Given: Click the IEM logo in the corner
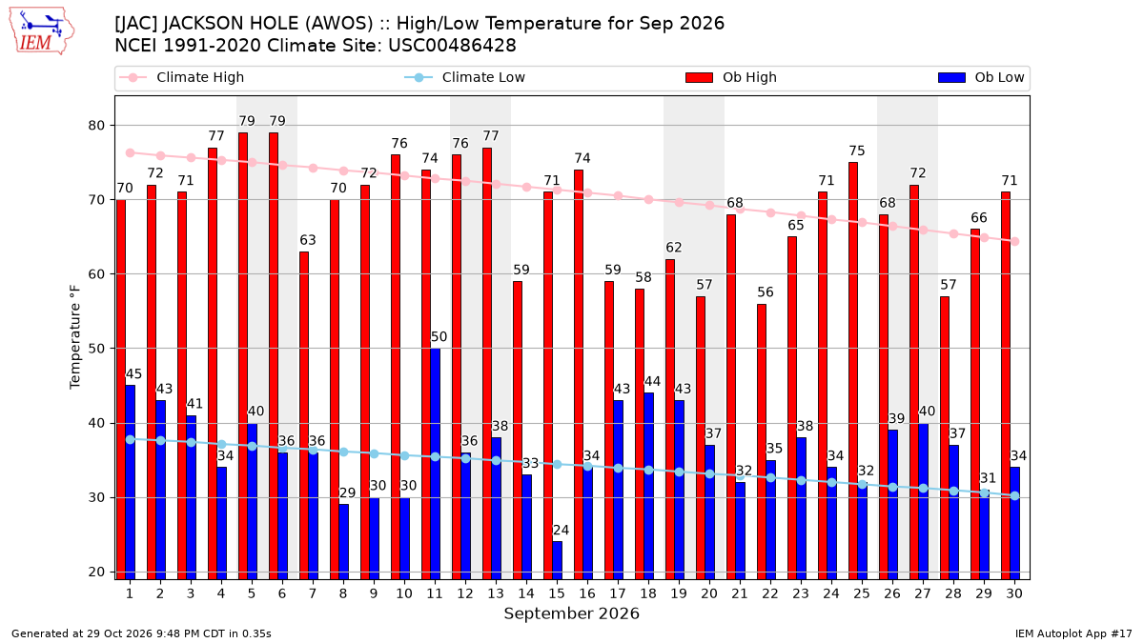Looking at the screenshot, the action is pos(42,31).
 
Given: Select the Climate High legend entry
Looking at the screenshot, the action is pos(181,77).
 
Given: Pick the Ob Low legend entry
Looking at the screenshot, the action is pos(981,77).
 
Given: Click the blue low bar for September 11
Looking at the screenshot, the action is pos(435,463).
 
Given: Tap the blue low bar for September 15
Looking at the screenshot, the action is pos(557,560).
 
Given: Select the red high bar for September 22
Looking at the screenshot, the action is pos(762,441).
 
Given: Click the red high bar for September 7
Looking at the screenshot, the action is pos(304,415).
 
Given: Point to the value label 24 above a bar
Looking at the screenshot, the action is pos(561,531).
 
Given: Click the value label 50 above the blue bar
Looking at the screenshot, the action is pos(439,337).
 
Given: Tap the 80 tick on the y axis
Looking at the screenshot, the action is pos(96,126).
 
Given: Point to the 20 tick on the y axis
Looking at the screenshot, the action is pos(96,573).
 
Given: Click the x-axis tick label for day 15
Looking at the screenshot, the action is pos(557,593).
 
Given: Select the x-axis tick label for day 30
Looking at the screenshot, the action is pos(1014,593).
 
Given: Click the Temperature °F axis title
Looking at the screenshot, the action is pos(75,337).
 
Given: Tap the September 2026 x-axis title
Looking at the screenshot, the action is pos(571,613).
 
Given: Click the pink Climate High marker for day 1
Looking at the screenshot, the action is pos(131,153).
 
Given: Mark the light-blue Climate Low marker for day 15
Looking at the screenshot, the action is pos(557,465).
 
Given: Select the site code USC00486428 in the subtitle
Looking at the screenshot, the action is pos(452,46).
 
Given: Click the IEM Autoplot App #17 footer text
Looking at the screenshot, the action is pos(1073,633).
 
